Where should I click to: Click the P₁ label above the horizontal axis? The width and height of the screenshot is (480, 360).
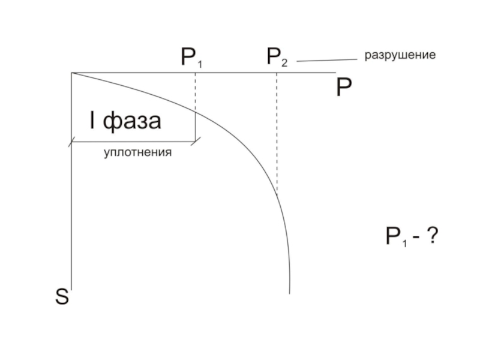[x=192, y=58]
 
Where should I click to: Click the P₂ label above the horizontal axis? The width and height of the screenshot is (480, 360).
[x=277, y=58]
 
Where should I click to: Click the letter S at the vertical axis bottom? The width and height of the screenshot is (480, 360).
[x=62, y=296]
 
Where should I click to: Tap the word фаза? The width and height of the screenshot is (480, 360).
[x=132, y=121]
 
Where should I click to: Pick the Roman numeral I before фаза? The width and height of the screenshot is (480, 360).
[x=93, y=121]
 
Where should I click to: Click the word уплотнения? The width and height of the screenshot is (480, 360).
[x=137, y=152]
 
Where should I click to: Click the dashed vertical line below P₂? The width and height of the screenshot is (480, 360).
[x=277, y=132]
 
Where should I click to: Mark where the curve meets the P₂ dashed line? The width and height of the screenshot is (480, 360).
[x=277, y=193]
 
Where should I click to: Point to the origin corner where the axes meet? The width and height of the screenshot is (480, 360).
[x=71, y=73]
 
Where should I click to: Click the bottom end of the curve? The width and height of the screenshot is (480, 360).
[x=290, y=292]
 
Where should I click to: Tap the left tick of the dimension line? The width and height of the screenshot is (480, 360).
[x=71, y=142]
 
